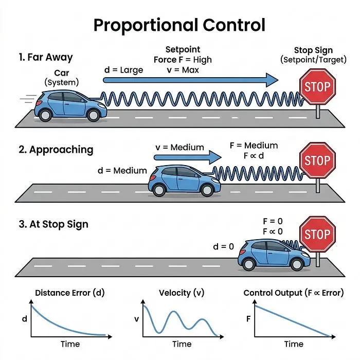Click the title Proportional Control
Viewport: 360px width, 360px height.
179,25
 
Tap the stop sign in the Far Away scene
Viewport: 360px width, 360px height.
317,87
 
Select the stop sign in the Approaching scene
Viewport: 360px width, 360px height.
317,160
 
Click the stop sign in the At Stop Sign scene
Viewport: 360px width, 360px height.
317,234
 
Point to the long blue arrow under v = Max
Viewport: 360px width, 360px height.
191,80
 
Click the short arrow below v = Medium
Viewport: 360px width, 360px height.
188,157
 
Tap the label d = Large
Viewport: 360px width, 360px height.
123,70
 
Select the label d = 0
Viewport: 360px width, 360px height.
223,246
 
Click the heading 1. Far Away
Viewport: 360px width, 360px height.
46,57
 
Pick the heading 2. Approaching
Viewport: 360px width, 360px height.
56,150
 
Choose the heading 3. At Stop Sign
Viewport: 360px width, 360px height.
53,224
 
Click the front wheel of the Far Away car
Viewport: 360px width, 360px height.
93,116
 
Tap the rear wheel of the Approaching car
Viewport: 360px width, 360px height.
159,190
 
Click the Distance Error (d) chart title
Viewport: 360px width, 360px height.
70,293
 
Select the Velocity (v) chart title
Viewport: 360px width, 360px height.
182,293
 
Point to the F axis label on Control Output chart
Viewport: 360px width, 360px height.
248,319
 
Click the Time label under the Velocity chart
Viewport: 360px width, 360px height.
182,344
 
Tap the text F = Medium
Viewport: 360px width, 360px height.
254,146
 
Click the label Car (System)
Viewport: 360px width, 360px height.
62,78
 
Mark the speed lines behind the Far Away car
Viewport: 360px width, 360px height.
28,99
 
